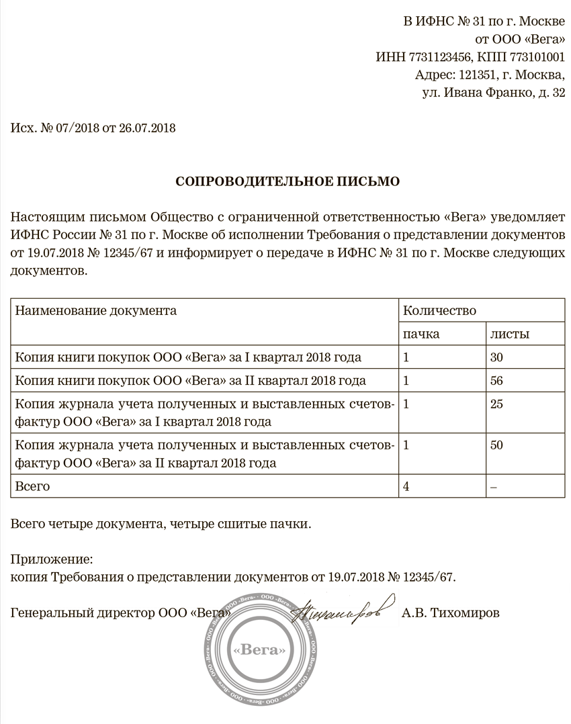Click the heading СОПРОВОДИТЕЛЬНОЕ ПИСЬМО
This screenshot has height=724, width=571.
(x=287, y=181)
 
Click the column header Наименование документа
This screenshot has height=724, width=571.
(x=96, y=311)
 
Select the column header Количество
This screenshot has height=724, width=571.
(x=439, y=311)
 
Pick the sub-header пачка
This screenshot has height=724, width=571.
(x=421, y=334)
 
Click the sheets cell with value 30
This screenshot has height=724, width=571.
(x=497, y=357)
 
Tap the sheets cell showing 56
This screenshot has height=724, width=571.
(x=497, y=381)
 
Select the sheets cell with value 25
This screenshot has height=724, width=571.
(x=497, y=404)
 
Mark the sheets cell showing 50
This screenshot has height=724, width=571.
(x=497, y=445)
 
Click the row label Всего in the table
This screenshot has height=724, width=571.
(x=32, y=486)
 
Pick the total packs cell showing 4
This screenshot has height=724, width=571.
(x=406, y=486)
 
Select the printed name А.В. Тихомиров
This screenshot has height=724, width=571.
(x=451, y=613)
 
